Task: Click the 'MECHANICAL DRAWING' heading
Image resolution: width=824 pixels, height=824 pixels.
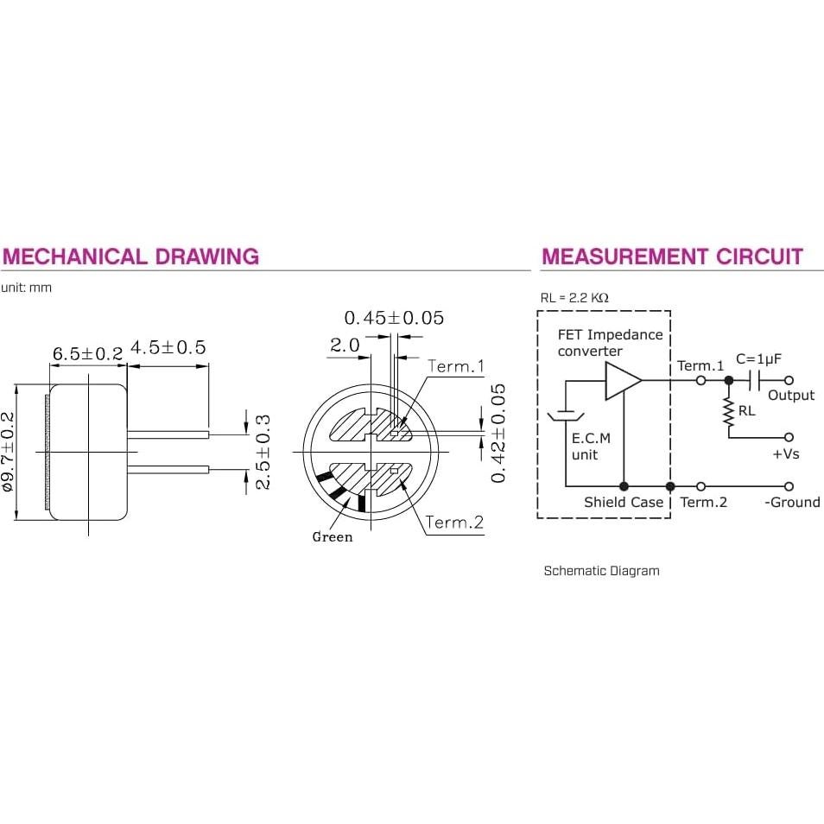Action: coord(130,257)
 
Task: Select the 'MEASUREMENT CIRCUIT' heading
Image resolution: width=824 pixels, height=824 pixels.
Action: coord(672,257)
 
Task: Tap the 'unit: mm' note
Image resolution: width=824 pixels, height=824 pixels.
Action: coord(26,288)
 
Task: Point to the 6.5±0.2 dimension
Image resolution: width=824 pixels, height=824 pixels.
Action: coord(88,353)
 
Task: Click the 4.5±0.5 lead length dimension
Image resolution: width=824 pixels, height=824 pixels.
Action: coord(168,347)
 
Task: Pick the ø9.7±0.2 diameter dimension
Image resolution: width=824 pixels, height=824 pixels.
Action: coord(9,452)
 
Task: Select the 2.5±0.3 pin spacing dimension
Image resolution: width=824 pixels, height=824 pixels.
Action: coord(263,452)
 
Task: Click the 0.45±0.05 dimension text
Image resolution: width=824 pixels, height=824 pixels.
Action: coord(394,318)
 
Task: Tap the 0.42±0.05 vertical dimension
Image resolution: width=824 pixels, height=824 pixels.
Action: coord(498,433)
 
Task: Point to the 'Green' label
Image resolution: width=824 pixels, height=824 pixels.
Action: coord(333,536)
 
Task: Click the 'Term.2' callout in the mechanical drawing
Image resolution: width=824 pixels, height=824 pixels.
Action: coord(454,523)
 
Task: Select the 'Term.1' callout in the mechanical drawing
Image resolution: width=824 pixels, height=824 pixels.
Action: coord(455,366)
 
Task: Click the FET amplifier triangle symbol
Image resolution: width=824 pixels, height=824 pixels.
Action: coord(624,380)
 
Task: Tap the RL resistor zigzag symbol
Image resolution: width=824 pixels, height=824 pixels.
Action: coord(729,412)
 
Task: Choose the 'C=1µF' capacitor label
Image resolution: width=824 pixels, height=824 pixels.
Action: coord(758,359)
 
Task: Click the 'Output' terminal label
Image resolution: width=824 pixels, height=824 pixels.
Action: coord(791,396)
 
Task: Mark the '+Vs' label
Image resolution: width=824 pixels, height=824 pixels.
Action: coord(786,454)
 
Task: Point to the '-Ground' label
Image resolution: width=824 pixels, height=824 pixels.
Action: coord(792,503)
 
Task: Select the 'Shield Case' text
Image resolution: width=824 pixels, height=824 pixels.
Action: coord(624,503)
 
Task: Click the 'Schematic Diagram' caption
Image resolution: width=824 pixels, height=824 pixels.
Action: coord(602,571)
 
